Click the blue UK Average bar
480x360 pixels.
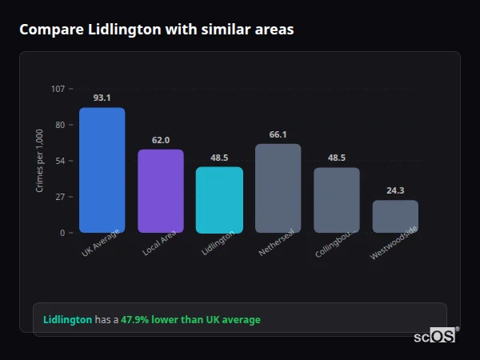click(102, 170)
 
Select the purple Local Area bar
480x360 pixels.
click(160, 191)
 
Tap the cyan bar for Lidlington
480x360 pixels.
click(219, 200)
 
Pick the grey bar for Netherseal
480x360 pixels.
click(278, 188)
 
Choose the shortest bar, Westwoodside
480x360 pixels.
click(395, 216)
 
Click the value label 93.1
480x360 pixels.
click(102, 98)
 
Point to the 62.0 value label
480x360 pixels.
click(160, 140)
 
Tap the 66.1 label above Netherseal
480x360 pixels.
click(278, 134)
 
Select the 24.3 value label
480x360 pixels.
click(395, 190)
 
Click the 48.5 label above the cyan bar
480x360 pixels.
click(219, 158)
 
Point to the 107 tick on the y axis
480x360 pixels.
click(58, 89)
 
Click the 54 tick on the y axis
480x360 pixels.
click(60, 161)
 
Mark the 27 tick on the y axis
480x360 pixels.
click(60, 197)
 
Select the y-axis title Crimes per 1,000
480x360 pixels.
click(40, 161)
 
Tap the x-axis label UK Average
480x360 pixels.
click(101, 243)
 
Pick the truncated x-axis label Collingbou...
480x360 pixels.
click(334, 245)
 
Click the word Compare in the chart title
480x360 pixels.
click(48, 30)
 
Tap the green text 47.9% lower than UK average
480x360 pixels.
click(190, 320)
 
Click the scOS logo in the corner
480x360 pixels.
click(434, 336)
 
